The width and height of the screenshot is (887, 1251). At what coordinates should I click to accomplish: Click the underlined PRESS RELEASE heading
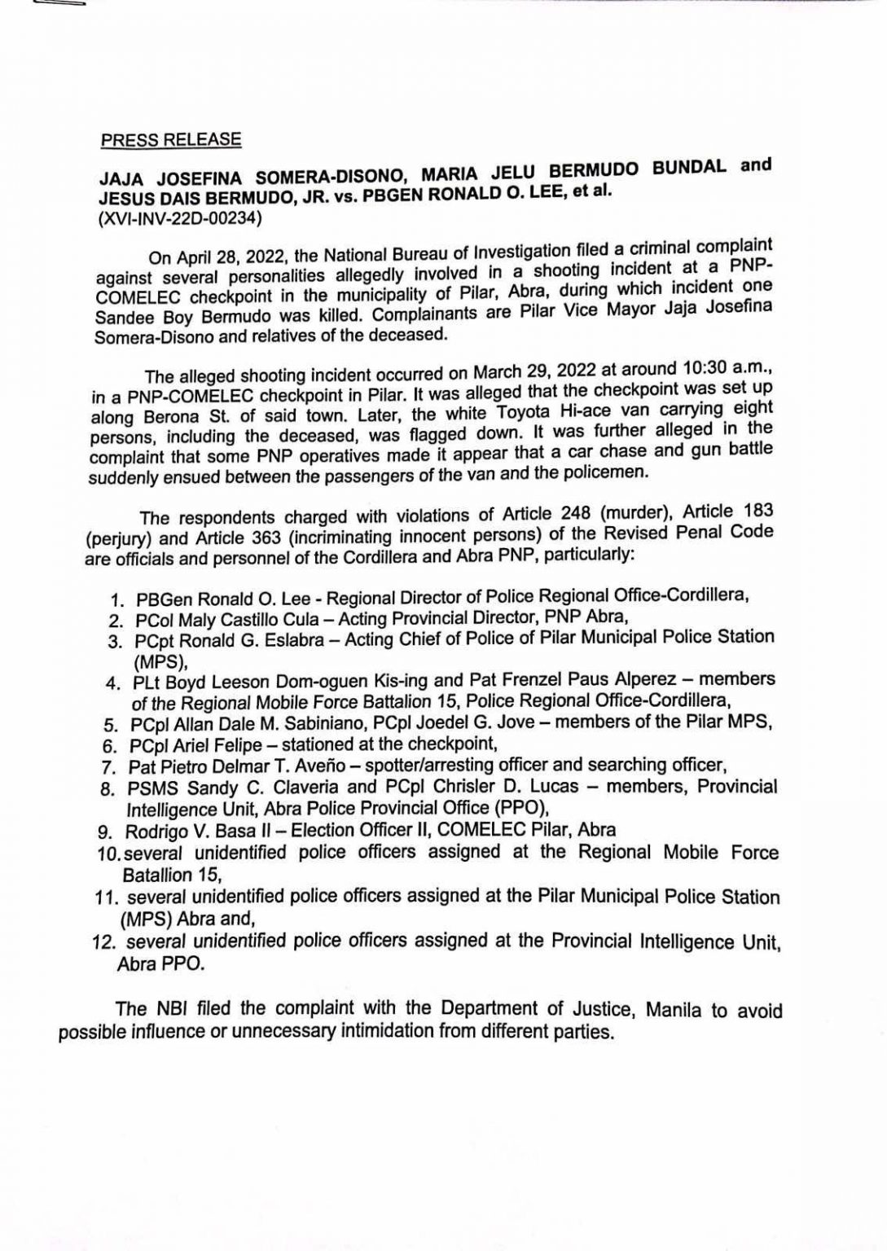(x=171, y=139)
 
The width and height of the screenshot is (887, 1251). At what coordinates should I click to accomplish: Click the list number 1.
(x=117, y=600)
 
